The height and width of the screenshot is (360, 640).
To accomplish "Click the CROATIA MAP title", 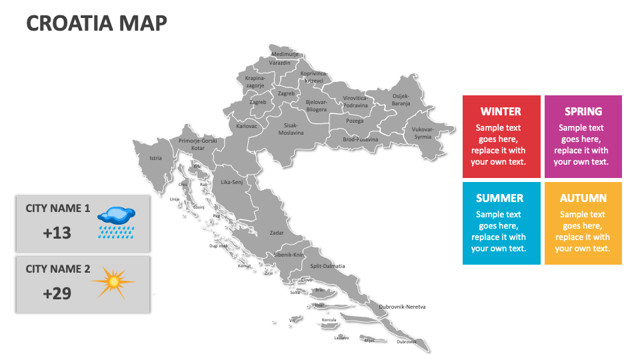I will coord(97,23).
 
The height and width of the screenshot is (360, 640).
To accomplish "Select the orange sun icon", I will coord(113,283).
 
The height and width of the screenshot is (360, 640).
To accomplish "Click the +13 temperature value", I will coord(57,233).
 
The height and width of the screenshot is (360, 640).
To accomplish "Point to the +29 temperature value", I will coord(57,293).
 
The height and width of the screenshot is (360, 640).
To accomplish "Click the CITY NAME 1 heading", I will coord(58,208).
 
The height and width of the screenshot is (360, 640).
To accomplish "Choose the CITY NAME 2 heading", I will coord(58,269).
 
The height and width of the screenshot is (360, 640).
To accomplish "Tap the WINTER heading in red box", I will coord(501,111).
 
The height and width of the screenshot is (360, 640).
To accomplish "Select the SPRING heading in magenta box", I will coord(583,111).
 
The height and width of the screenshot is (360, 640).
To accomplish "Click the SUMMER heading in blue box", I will coord(500,198).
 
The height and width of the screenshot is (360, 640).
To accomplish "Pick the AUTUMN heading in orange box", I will coord(583,198).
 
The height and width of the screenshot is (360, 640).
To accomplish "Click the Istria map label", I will coord(155,159).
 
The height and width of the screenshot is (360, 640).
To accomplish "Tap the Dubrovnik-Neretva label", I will coord(402,307).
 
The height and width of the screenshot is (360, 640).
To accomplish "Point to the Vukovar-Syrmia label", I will coord(422,133).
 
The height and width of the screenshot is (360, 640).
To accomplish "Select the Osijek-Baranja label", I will coord(401,99).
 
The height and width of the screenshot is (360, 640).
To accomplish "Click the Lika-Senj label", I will coord(232,181).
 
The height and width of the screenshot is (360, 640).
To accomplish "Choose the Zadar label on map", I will coord(277,233).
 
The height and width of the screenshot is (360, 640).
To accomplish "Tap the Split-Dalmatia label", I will coord(328,266).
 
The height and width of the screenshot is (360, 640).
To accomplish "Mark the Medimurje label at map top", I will coord(284,53).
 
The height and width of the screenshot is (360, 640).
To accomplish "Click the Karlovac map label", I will coord(247,125).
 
